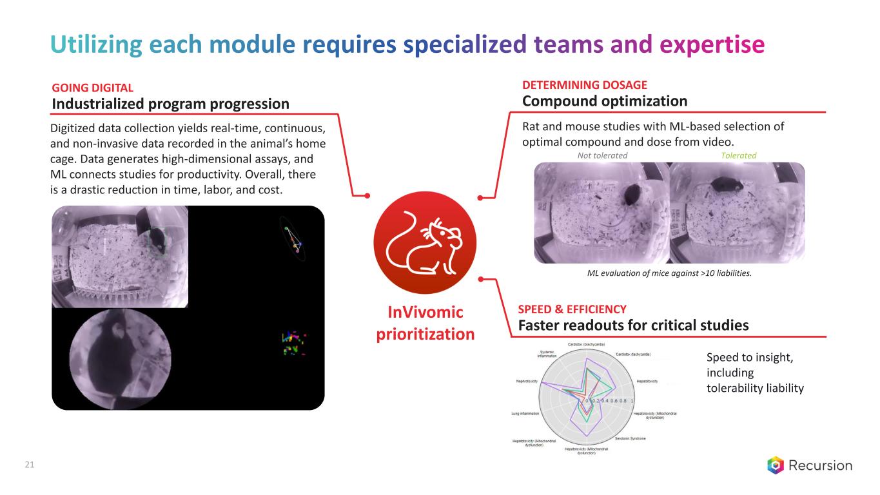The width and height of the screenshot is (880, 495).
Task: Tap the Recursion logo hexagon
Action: (x=776, y=465)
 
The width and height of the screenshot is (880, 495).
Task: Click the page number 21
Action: (x=29, y=465)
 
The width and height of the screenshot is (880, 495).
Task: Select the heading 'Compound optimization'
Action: (x=604, y=101)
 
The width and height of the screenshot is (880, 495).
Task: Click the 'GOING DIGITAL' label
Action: (x=92, y=88)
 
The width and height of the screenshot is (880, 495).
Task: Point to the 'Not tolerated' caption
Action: (x=601, y=155)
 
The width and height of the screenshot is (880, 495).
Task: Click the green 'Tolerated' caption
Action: (x=739, y=155)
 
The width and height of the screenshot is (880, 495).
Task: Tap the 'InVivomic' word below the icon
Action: (x=425, y=313)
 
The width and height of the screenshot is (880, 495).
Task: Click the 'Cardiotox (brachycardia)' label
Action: (x=586, y=344)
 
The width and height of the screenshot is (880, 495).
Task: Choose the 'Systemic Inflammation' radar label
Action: (x=546, y=354)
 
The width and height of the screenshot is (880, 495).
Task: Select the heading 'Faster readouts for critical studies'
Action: (x=633, y=325)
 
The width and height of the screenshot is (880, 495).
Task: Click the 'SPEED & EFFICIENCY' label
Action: (x=572, y=309)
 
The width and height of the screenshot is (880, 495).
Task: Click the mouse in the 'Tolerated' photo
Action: (x=721, y=187)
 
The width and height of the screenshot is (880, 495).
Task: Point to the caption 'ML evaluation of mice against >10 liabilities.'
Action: (x=669, y=273)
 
